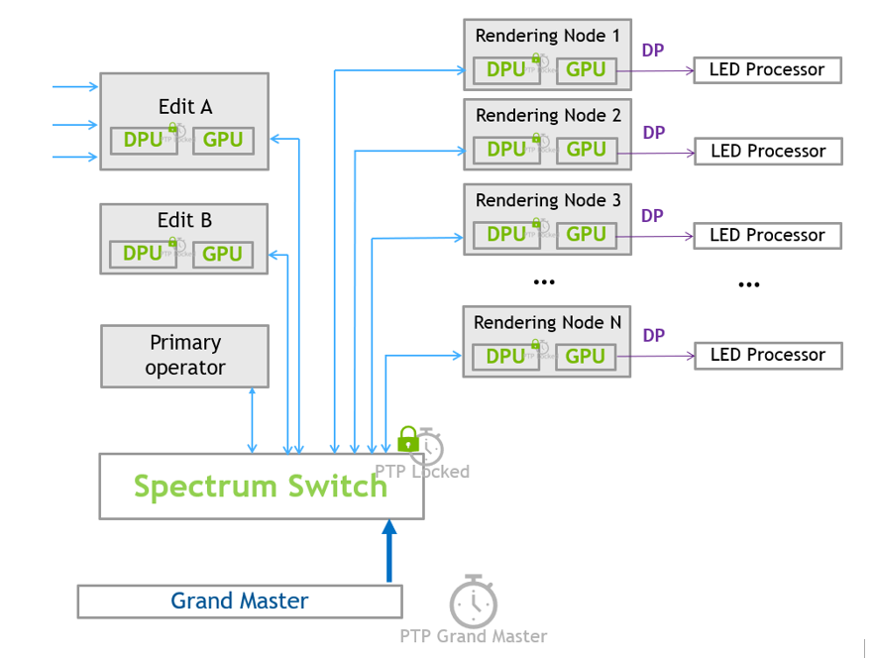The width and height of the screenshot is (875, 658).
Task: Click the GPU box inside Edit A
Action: click(223, 141)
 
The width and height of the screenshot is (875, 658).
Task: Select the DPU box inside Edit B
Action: click(143, 255)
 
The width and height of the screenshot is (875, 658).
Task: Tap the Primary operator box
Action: click(184, 356)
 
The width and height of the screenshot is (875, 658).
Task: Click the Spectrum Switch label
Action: click(261, 487)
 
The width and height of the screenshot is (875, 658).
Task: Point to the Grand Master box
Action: click(240, 602)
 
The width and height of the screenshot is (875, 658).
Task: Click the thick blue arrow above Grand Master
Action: click(388, 552)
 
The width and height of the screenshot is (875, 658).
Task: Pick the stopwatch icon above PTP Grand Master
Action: click(473, 601)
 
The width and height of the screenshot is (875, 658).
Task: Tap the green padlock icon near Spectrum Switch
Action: click(407, 439)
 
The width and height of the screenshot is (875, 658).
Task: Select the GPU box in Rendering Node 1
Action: click(586, 70)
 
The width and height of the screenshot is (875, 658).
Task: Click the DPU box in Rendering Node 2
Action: click(506, 150)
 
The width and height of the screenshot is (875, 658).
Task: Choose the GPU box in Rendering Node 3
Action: click(586, 235)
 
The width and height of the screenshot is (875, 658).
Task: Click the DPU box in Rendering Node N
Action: click(505, 357)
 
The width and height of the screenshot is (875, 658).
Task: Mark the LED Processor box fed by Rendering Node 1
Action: click(767, 70)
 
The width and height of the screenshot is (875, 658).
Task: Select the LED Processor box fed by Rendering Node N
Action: click(768, 356)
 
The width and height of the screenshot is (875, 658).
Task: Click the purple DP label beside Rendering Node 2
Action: click(654, 133)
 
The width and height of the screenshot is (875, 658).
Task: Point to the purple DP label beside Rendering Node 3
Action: click(652, 216)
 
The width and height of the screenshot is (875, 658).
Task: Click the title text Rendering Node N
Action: click(547, 323)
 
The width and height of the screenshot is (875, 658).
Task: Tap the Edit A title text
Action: click(185, 107)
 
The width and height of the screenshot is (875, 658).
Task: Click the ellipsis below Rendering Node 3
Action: click(544, 282)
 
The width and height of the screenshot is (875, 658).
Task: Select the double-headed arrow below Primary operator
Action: click(252, 420)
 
